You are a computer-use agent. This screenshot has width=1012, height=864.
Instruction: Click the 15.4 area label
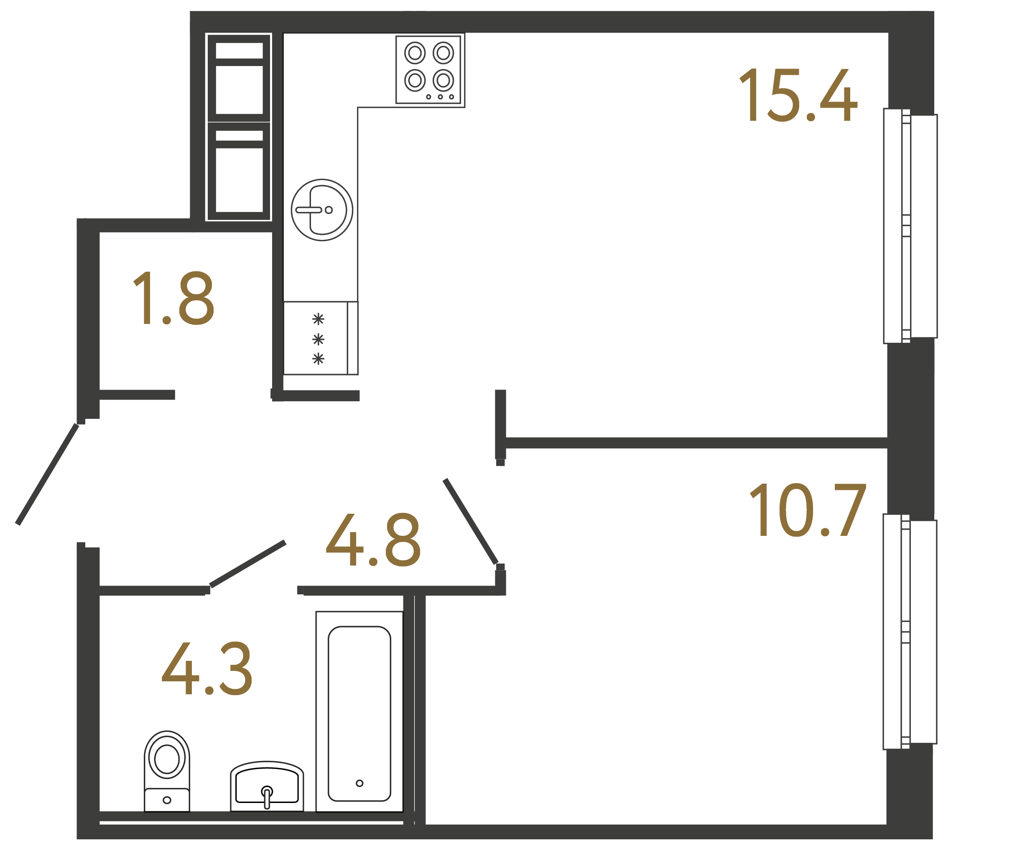(x=798, y=95)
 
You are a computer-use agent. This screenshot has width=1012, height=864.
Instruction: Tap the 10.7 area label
(x=808, y=510)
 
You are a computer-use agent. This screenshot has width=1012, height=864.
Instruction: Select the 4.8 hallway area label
(x=373, y=540)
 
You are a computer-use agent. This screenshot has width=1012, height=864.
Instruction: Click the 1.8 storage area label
(x=173, y=298)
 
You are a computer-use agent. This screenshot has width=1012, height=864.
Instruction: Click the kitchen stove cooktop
(x=428, y=69)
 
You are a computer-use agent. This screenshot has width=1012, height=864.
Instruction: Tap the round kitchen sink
(x=322, y=210)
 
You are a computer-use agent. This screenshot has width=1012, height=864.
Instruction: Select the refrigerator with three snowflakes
(x=320, y=339)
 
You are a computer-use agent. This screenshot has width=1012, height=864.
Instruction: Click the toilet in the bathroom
(x=166, y=771)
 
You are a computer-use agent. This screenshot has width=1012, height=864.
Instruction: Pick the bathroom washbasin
(x=267, y=786)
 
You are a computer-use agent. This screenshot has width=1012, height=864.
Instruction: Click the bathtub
(x=359, y=713)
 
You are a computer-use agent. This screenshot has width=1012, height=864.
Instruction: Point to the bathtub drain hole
(x=359, y=783)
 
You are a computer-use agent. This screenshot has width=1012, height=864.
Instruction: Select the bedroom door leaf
(x=470, y=522)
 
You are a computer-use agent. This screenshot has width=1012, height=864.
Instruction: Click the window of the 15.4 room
(x=910, y=226)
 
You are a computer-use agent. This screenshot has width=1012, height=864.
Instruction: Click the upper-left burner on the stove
(x=415, y=53)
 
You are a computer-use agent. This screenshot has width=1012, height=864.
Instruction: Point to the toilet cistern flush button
(x=166, y=800)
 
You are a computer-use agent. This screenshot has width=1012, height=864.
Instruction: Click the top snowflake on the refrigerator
(x=318, y=319)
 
